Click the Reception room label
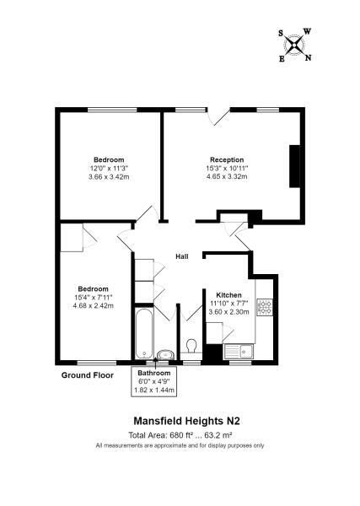point(227,159)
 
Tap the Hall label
point(182,256)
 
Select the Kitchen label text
point(228,295)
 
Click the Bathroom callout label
point(154,373)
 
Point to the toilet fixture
point(191,346)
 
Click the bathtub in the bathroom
point(144,334)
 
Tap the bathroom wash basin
point(166,354)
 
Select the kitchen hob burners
point(265,307)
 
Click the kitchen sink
point(239,352)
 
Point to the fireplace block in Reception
point(294,166)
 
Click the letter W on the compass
point(308,31)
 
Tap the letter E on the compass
point(282,59)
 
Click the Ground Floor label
point(88,375)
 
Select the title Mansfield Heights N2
point(187,421)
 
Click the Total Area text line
point(180,435)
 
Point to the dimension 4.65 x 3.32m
point(227,176)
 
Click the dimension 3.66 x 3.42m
point(109,176)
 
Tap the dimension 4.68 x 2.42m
point(94,305)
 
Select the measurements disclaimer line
point(180,445)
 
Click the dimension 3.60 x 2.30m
point(228,312)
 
